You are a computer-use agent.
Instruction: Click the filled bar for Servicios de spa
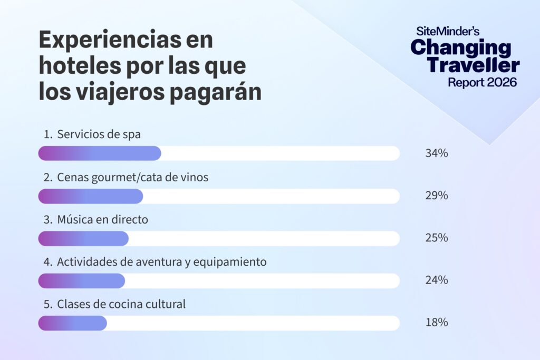click(100, 153)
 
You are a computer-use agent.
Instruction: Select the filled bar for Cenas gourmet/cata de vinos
click(91, 196)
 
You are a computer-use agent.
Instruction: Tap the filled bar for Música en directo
click(83, 238)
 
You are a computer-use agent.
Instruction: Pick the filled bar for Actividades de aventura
click(82, 280)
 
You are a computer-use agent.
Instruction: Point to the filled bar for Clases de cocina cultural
click(73, 323)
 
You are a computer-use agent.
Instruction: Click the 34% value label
click(437, 153)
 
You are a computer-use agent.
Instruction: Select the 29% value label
click(437, 196)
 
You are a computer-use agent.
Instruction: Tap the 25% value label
click(437, 238)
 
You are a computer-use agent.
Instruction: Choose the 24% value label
click(437, 280)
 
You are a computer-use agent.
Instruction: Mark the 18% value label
click(437, 322)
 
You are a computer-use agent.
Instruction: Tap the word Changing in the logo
click(461, 48)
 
